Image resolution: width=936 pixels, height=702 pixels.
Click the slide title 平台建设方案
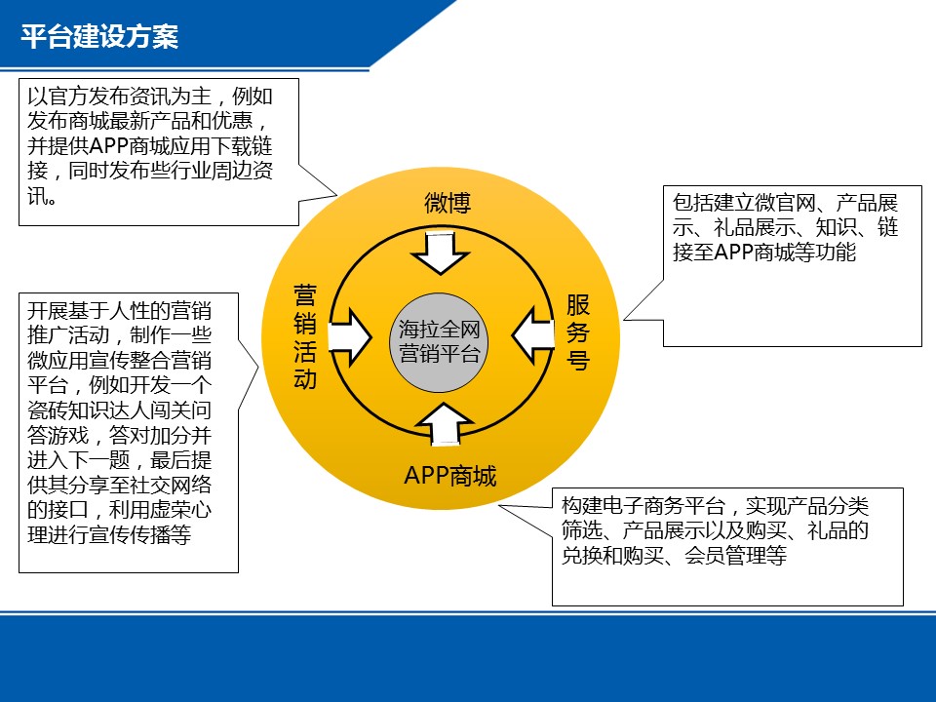coord(99,36)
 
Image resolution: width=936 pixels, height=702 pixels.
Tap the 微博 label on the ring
coord(448,203)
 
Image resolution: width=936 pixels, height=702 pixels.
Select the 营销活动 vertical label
coord(305,337)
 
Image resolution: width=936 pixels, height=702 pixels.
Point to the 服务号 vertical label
coord(578,331)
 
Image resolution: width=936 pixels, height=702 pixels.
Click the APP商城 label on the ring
coord(450,476)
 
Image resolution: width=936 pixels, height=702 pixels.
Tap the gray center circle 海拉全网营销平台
coord(440,341)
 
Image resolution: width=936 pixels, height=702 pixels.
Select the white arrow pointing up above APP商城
coord(445,424)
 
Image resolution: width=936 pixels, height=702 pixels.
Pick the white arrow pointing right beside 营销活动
coord(351,337)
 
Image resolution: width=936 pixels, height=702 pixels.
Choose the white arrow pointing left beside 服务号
coord(533,335)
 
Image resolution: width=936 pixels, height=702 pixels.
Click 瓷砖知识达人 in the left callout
coord(89,410)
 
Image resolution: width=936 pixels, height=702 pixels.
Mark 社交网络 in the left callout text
coord(171,485)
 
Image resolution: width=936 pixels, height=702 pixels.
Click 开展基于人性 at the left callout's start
coord(89,311)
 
